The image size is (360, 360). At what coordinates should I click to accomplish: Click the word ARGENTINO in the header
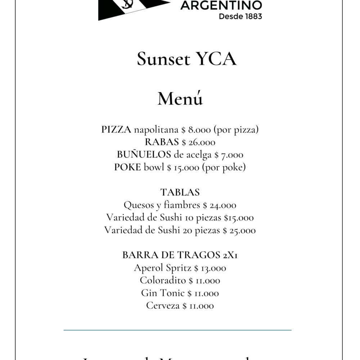coord(221,5)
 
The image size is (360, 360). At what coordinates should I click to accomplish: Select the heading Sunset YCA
coord(186,59)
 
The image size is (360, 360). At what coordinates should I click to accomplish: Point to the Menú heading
coord(180,99)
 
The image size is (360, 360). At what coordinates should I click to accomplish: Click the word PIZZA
coord(116,130)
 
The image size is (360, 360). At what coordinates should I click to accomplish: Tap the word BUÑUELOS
coord(144,155)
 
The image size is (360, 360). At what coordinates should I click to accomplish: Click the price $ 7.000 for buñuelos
coord(229,155)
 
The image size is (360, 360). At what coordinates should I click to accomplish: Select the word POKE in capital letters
coord(127,168)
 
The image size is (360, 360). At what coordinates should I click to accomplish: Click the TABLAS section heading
coord(180,192)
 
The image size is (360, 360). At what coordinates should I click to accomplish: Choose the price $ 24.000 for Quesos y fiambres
coord(220,206)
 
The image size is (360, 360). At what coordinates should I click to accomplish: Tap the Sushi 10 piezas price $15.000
coord(239,218)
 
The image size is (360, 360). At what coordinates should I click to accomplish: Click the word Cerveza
coord(163,306)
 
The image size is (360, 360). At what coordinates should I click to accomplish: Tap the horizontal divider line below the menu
coord(177,330)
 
